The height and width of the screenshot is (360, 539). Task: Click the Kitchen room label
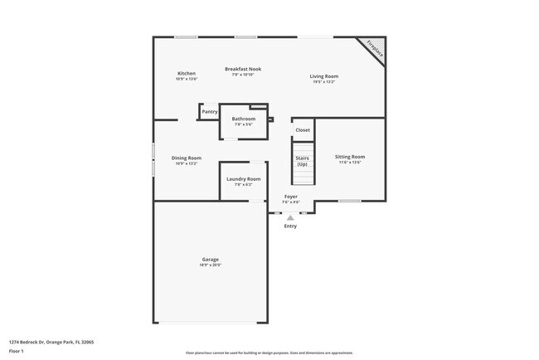point(187,73)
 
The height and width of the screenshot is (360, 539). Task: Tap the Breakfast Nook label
point(243,69)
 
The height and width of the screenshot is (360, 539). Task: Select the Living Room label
point(324,76)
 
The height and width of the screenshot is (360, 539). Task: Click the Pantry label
point(210,111)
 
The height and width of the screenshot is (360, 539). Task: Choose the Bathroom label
point(244,119)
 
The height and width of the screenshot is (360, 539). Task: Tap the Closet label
point(303,130)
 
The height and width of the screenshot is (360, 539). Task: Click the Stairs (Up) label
point(303,161)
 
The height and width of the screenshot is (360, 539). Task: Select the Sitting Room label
point(350,156)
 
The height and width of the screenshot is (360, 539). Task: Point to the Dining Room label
point(187,158)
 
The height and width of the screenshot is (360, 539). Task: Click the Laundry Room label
point(244,178)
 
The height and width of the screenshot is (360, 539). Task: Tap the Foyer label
point(290,197)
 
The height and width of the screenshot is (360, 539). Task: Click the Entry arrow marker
point(290,217)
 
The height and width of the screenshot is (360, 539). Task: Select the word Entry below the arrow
point(290,226)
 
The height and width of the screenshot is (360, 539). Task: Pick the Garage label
point(211,260)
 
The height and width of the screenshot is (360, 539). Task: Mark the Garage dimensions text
point(211,265)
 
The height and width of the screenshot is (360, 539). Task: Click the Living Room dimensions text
point(324,82)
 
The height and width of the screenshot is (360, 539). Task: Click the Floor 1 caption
point(17,352)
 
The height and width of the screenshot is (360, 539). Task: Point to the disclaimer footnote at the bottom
point(269,352)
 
